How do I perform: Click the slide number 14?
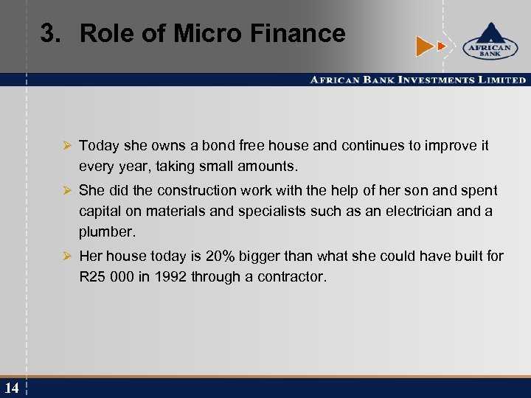11,388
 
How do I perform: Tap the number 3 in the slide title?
49,33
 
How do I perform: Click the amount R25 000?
107,277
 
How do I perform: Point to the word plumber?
108,232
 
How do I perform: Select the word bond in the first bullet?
218,146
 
